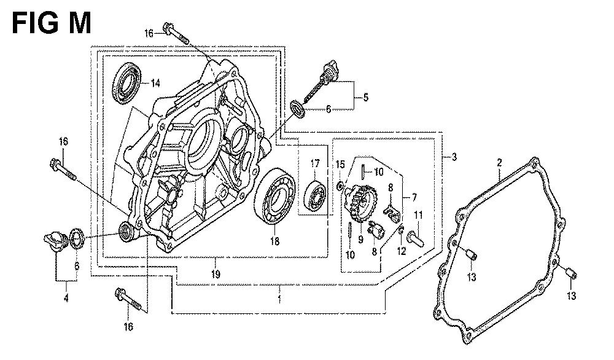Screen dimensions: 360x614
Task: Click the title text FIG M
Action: [51, 23]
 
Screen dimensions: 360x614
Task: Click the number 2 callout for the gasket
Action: [499, 162]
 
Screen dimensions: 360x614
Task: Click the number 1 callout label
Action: [279, 299]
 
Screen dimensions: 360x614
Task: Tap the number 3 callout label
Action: [454, 157]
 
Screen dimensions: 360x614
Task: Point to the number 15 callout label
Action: [341, 164]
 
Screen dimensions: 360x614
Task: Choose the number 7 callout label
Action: [414, 197]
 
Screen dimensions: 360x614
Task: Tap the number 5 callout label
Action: [365, 96]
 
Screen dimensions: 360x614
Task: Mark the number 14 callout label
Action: [155, 83]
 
